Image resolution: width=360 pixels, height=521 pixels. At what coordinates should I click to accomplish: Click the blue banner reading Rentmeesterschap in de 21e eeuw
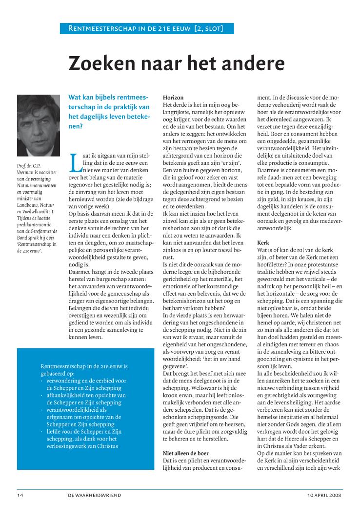tap(147, 28)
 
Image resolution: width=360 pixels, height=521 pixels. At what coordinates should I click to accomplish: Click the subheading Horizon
tap(173, 98)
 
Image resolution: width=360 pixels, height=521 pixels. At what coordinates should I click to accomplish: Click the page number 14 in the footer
tap(21, 495)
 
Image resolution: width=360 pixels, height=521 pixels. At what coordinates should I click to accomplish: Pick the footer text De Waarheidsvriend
tap(95, 495)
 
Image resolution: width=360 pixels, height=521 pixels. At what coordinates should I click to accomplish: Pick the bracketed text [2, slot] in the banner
tap(208, 28)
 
